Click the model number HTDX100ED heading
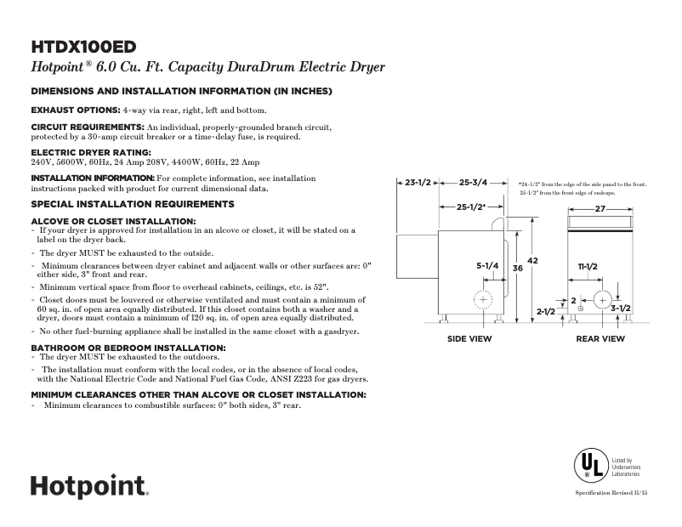(x=83, y=46)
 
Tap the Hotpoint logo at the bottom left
(x=89, y=485)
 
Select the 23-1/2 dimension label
(x=418, y=182)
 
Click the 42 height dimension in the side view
(x=533, y=261)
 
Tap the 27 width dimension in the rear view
(x=600, y=208)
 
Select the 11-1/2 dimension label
(x=588, y=267)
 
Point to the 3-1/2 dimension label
(x=620, y=308)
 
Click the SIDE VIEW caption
(x=469, y=339)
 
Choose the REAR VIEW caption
(x=600, y=339)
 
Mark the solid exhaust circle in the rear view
(x=601, y=299)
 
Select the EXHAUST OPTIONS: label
(x=75, y=110)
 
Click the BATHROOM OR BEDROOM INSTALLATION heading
(x=128, y=348)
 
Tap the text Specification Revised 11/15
(x=611, y=494)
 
